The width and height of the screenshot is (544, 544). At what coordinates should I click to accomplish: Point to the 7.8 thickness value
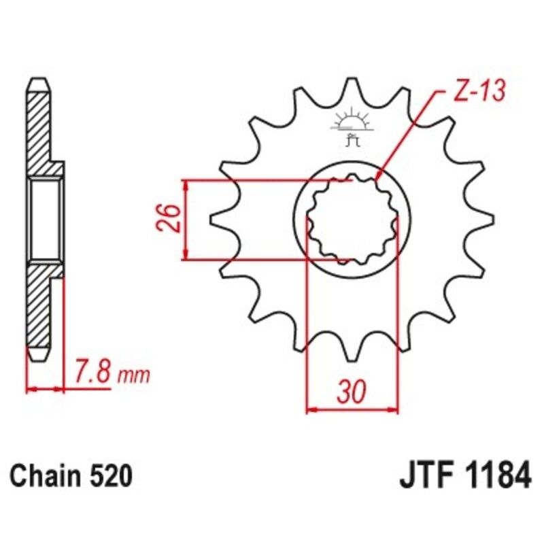[x=90, y=373]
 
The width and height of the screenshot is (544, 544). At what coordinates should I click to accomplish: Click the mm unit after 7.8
[x=133, y=375]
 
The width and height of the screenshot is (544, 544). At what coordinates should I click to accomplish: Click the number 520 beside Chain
[x=109, y=477]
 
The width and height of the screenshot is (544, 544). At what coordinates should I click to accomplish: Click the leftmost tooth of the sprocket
[x=216, y=219]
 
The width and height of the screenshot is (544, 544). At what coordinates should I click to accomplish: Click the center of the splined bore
[x=352, y=219]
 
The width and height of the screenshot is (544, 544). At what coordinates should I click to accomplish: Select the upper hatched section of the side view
[x=41, y=129]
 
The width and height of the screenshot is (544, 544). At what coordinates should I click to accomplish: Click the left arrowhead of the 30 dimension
[x=311, y=409]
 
